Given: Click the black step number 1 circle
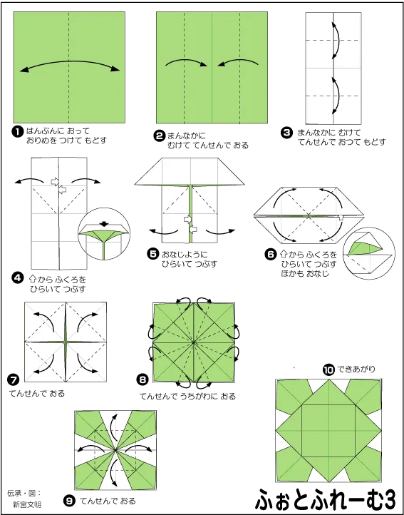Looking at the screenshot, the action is pyautogui.click(x=17, y=132).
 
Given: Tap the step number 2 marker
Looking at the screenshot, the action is pyautogui.click(x=159, y=136).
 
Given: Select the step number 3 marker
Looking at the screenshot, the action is pyautogui.click(x=286, y=133).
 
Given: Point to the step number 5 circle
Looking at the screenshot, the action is pyautogui.click(x=152, y=255).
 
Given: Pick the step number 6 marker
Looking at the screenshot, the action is pyautogui.click(x=270, y=255).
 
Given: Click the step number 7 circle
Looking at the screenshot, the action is pyautogui.click(x=14, y=379).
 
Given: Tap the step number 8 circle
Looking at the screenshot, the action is pyautogui.click(x=141, y=380).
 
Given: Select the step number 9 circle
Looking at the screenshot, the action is pyautogui.click(x=70, y=501).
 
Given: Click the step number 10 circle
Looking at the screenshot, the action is pyautogui.click(x=328, y=370).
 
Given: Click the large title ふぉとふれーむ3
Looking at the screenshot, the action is pyautogui.click(x=325, y=499).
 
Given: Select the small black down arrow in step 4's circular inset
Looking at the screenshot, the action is pyautogui.click(x=104, y=225).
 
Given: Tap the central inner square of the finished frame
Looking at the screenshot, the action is pyautogui.click(x=328, y=431).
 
